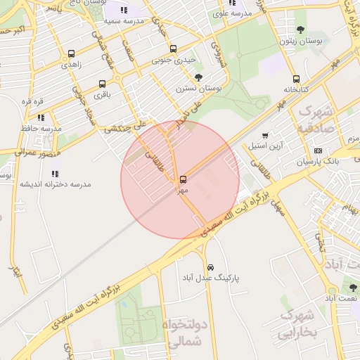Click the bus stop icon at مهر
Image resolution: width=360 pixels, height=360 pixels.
183,179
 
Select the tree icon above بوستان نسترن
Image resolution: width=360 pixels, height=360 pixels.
198,77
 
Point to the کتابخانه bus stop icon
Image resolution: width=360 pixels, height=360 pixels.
296,79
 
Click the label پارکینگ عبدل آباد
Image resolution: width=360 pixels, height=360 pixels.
211,278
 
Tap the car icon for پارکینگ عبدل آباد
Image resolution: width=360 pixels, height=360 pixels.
211,267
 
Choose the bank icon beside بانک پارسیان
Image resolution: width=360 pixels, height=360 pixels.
319,150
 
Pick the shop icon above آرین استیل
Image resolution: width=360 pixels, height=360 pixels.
265,136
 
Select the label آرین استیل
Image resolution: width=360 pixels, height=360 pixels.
265,147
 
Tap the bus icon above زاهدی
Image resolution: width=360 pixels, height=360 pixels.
71,53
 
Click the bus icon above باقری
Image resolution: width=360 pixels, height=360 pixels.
103,84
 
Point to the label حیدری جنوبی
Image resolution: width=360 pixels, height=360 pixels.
174,60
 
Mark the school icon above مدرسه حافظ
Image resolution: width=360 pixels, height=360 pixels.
41,117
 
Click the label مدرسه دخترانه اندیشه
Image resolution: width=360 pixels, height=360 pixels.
55,184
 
